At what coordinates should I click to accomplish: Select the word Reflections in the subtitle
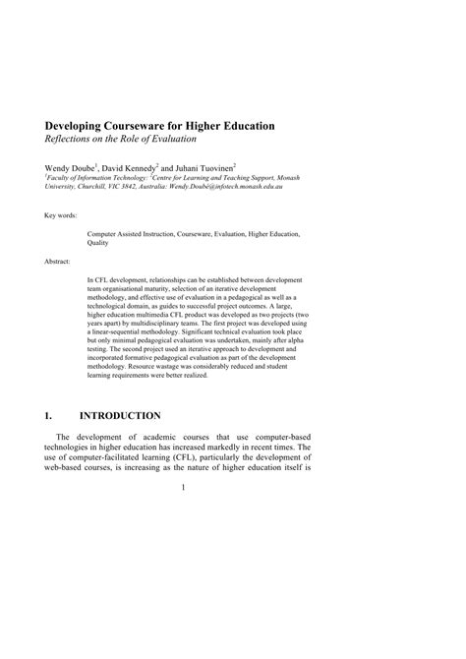[69, 142]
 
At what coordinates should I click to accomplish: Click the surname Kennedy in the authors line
[144, 168]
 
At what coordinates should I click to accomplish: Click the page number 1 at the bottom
[183, 484]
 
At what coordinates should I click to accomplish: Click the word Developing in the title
[76, 127]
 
